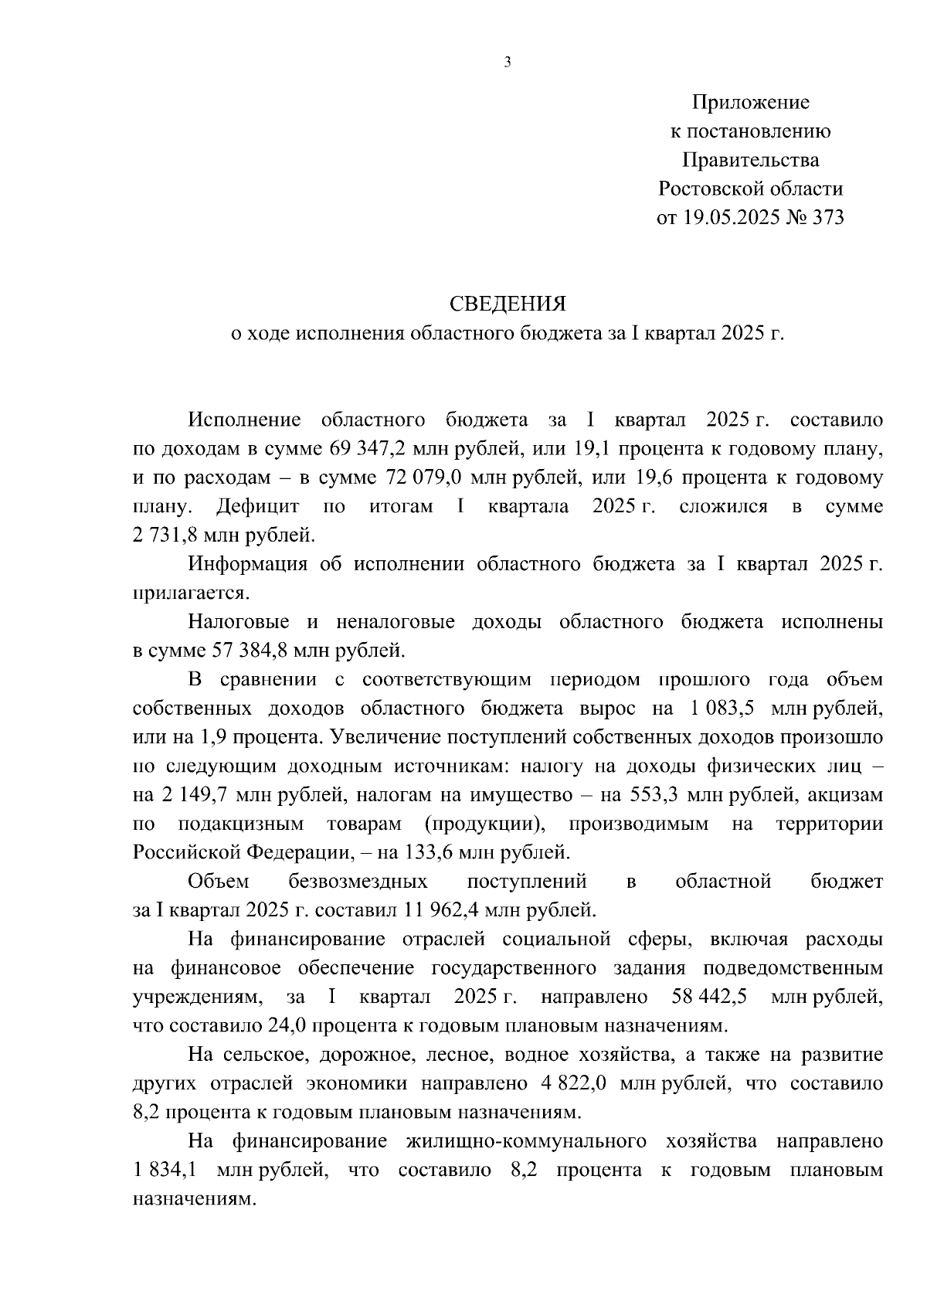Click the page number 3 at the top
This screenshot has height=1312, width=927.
click(508, 63)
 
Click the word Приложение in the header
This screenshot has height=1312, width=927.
click(750, 103)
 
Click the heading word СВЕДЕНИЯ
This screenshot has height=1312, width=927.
click(508, 304)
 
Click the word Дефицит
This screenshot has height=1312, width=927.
click(258, 507)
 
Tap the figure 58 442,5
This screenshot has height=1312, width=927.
click(709, 997)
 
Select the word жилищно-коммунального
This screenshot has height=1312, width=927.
click(525, 1142)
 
